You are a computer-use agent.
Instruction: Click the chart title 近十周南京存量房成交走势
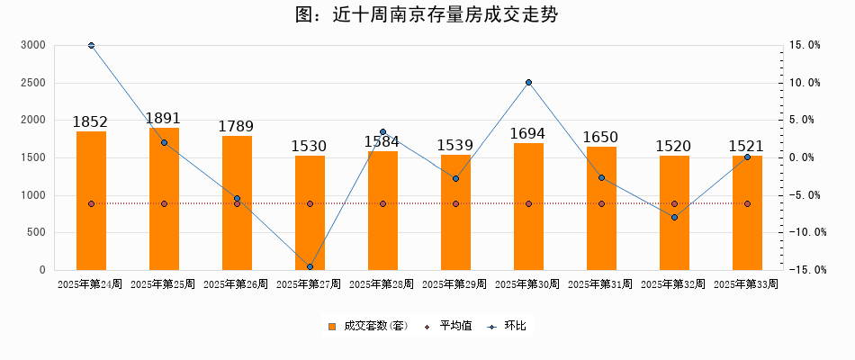coord(427,15)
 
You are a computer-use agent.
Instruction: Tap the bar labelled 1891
coord(164,199)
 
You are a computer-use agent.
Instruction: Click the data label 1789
coord(237,127)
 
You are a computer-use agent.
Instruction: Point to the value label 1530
coord(310,146)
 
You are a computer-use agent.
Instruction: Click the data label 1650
coord(601,137)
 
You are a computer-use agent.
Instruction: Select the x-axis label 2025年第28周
coord(382,284)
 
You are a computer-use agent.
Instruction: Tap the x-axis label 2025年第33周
coord(746,284)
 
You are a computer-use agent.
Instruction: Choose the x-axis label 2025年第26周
coord(236,284)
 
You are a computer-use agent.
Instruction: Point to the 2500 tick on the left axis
coord(33,83)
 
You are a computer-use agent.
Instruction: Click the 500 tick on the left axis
coord(36,232)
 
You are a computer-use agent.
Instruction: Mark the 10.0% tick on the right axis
coord(804,83)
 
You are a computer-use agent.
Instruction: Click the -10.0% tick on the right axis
coord(801,232)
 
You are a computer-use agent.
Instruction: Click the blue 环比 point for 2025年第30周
coord(528,83)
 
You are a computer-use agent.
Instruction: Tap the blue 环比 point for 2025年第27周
coord(310,267)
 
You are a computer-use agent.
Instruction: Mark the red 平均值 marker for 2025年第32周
coord(674,203)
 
